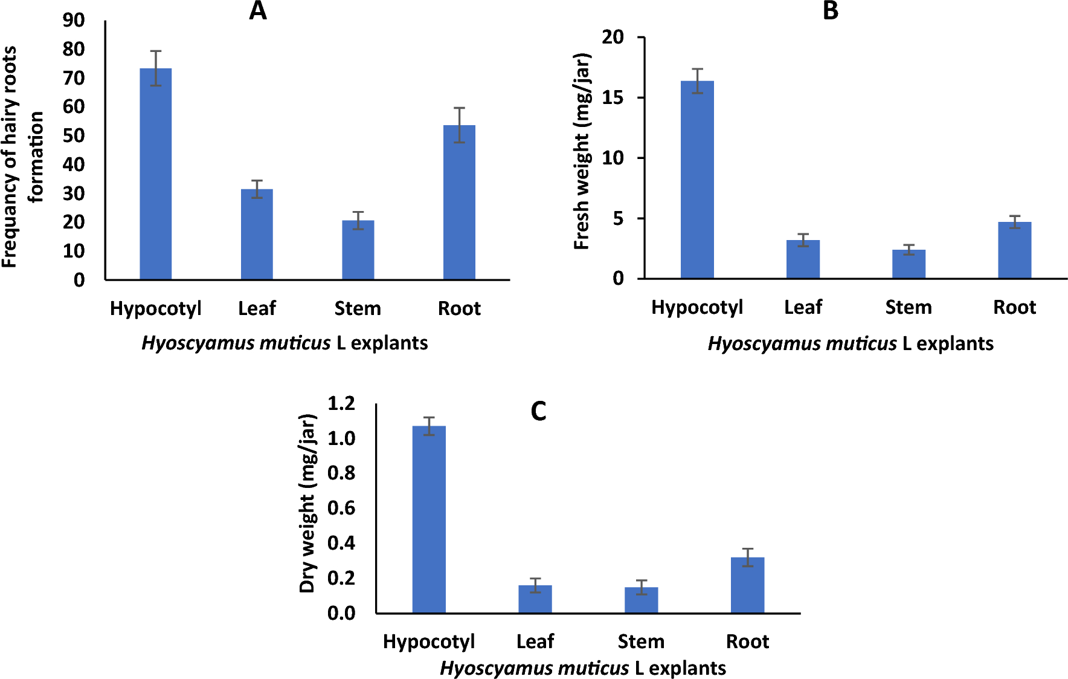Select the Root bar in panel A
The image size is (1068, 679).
pos(459,203)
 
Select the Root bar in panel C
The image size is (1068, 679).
pos(747,585)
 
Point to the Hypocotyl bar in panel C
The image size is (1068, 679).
pos(429,519)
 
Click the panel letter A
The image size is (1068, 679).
pos(258,11)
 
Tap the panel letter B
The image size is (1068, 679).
pos(831,11)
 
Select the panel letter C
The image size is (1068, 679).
pos(538,412)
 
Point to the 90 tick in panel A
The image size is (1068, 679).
pos(74,21)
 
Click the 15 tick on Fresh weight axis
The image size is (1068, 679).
pos(613,97)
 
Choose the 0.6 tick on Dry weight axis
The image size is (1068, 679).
pos(341,508)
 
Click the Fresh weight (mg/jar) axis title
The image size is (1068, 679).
pos(581,151)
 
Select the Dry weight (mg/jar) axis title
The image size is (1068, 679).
pos(307,503)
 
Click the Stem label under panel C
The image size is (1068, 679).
pos(641,642)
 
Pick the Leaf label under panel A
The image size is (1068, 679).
pos(257,308)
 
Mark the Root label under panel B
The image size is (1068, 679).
pos(1014,307)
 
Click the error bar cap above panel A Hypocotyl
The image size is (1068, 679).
pos(156,51)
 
